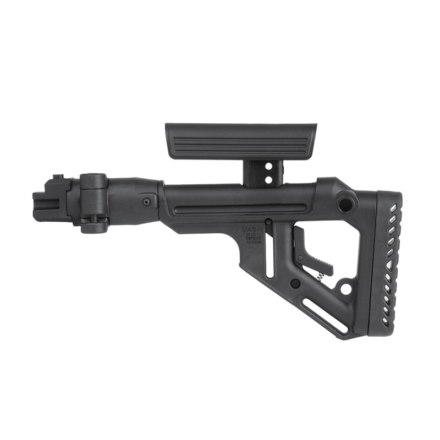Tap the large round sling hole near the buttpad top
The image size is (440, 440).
coord(346,202)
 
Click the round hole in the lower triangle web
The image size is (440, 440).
coord(346,288)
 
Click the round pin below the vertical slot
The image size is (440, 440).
coord(295,284)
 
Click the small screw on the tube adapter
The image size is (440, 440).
coord(146,202)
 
